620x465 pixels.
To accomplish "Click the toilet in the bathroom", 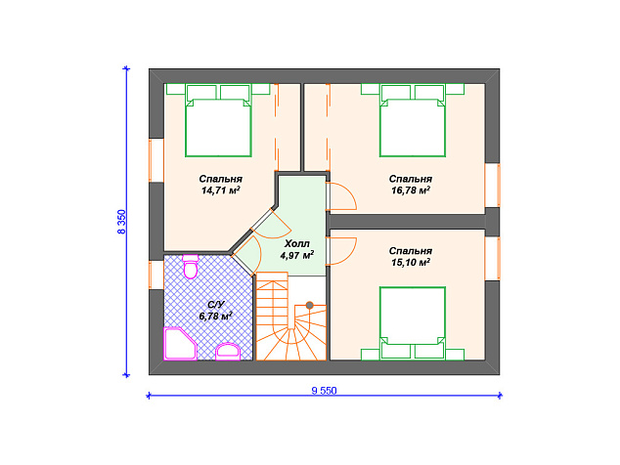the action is click(191, 267).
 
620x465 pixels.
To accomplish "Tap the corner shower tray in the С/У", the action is click(180, 344).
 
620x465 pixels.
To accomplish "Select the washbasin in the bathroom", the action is click(228, 352).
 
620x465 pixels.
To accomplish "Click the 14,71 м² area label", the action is click(221, 190).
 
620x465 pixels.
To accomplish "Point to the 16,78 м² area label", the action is click(411, 190).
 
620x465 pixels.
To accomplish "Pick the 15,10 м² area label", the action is click(411, 263).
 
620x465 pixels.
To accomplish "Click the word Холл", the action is click(297, 243).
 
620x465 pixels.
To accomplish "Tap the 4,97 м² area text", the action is click(297, 255).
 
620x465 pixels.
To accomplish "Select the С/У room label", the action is click(216, 304).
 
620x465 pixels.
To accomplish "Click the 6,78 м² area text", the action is click(215, 317).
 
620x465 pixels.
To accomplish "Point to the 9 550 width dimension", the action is click(324, 391).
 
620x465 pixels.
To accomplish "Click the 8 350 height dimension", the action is click(122, 222).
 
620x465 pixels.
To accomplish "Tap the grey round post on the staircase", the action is click(310, 305).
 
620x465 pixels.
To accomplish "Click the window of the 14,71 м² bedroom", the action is click(156, 160).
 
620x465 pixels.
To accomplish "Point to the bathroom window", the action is click(156, 275).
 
